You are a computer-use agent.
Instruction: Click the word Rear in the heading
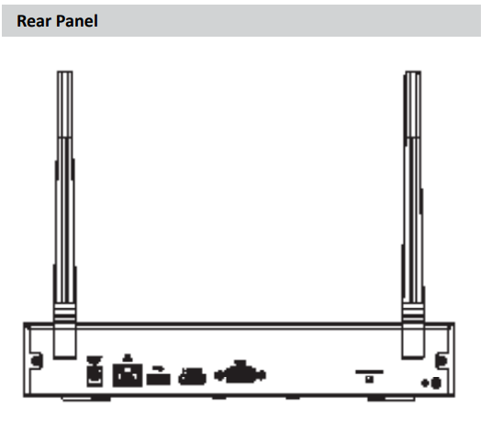point(34,21)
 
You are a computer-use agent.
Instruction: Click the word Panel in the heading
point(77,21)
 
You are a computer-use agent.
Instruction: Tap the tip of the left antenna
point(65,72)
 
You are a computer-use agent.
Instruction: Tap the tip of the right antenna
point(413,72)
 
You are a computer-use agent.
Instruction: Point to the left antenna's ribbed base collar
point(65,313)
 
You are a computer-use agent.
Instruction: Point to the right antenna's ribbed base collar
point(413,313)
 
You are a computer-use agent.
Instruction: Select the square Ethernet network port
point(128,375)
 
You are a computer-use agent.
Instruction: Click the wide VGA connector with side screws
point(240,372)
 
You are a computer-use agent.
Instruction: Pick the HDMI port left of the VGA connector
point(192,376)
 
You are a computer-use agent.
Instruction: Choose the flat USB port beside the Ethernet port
point(159,379)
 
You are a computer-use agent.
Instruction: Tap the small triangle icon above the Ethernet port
point(128,358)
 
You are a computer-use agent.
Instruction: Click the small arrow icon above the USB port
point(158,369)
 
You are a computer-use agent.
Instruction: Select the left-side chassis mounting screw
point(38,360)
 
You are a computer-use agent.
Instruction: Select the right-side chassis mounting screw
point(441,360)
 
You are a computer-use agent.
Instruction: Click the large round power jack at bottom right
point(436,382)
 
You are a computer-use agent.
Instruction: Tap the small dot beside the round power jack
point(425,382)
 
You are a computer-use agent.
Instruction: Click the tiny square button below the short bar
point(370,379)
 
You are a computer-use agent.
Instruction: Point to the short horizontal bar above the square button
point(370,371)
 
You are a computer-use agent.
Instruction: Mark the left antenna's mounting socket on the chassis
point(65,341)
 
